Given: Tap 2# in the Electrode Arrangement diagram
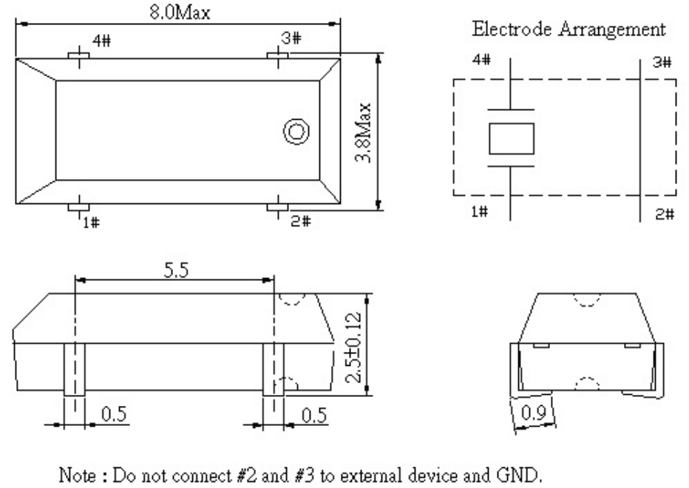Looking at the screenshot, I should point(665,214).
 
